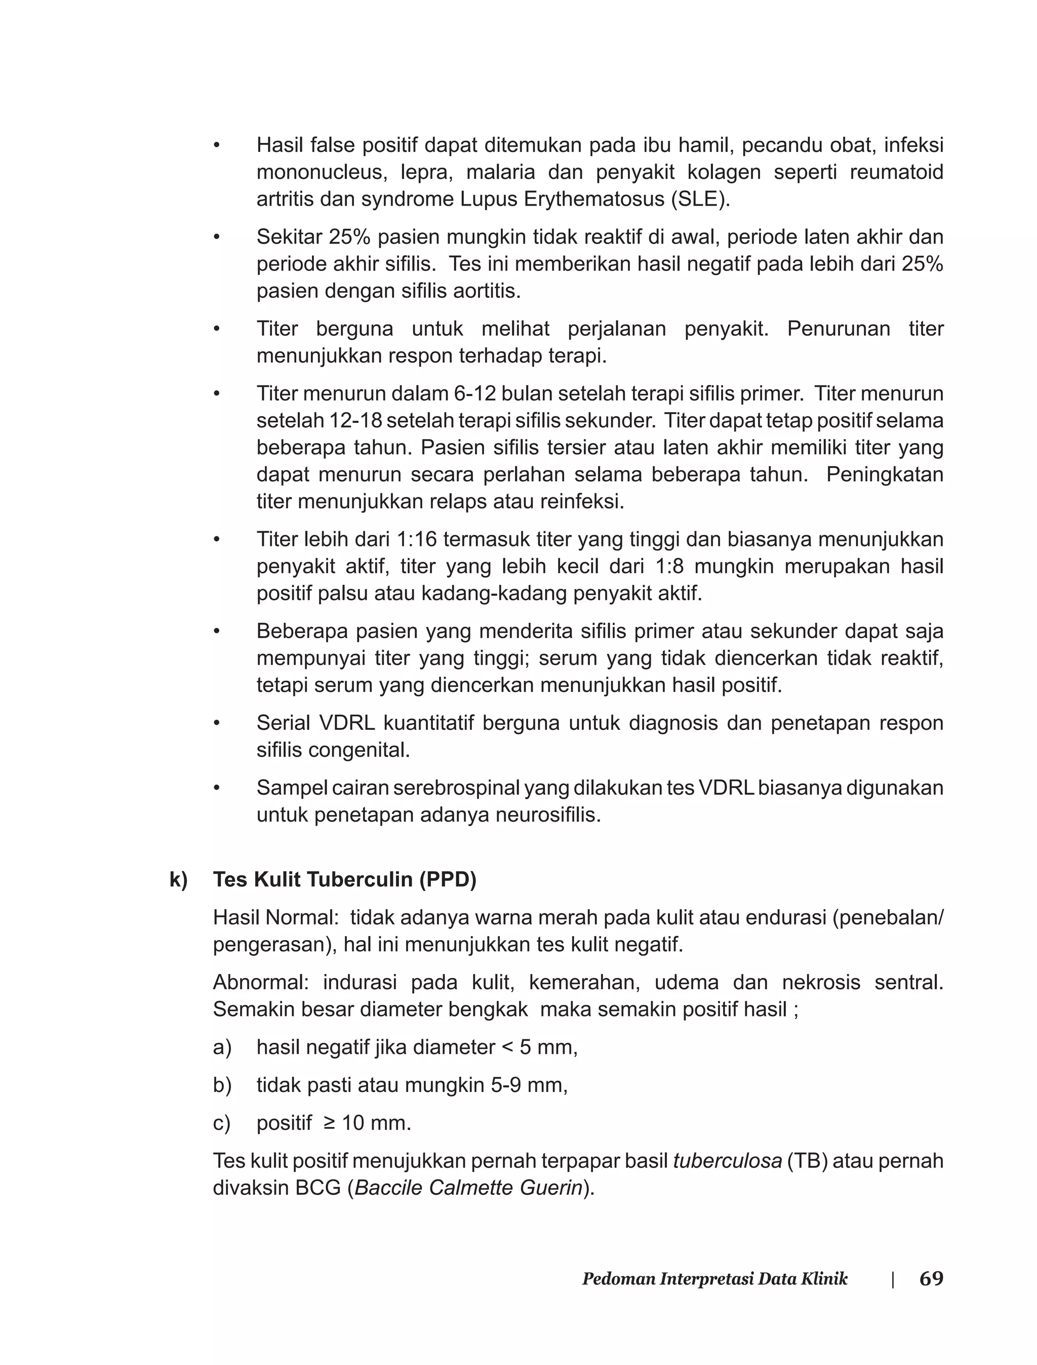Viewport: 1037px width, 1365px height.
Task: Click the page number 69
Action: (931, 1278)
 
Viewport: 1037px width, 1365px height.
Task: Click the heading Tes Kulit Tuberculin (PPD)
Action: (344, 880)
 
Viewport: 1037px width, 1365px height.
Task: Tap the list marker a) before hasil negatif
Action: (222, 1047)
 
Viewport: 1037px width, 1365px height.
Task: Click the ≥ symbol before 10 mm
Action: (330, 1123)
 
